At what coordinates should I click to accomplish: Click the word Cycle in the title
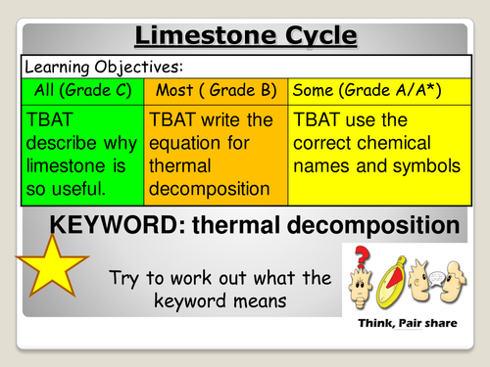tap(315, 37)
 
